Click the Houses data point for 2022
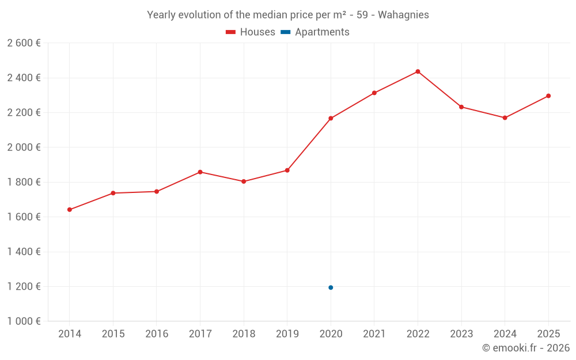coord(418,71)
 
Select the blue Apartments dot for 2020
coord(331,287)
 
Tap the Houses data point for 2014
coord(70,210)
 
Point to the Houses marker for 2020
coord(331,118)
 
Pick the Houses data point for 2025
coord(548,96)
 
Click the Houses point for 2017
coord(200,172)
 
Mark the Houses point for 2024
coord(505,118)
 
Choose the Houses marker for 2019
coord(287,170)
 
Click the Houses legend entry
coord(251,32)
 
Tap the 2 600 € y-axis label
coord(24,43)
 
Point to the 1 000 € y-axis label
coord(24,321)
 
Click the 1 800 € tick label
coord(24,182)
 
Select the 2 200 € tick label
coord(24,113)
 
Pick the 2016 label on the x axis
coord(157,334)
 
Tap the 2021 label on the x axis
coord(374,334)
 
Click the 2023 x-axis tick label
coord(461,334)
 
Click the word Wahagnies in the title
coord(403,15)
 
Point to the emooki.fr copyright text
coord(525,348)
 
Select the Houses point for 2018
coord(244,181)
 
